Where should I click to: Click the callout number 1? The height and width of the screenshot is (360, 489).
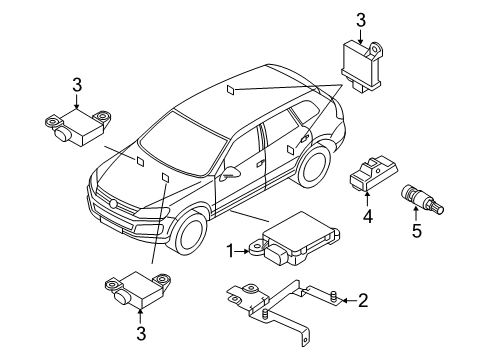point(230,251)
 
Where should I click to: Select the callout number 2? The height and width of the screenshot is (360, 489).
point(363,300)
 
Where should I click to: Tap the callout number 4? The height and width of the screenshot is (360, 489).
point(367,217)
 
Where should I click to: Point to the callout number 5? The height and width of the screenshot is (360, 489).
point(417,231)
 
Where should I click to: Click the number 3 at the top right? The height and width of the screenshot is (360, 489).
point(361,20)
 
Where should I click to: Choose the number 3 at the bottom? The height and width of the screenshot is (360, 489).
point(141,333)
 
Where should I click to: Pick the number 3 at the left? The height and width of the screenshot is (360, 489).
point(77,85)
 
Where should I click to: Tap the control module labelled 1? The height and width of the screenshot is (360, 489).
point(294,239)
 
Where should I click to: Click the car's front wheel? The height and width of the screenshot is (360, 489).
point(189,233)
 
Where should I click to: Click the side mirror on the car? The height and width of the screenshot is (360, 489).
point(230,173)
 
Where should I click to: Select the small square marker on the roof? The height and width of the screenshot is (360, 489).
point(230,90)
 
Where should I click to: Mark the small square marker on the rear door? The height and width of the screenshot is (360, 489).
point(291,150)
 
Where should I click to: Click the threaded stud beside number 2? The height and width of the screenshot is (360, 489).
point(333,296)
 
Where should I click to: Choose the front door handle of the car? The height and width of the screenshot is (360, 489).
point(259,164)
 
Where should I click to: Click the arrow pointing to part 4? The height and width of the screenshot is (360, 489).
point(367,199)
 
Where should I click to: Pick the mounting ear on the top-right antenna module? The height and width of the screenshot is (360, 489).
point(376,49)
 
